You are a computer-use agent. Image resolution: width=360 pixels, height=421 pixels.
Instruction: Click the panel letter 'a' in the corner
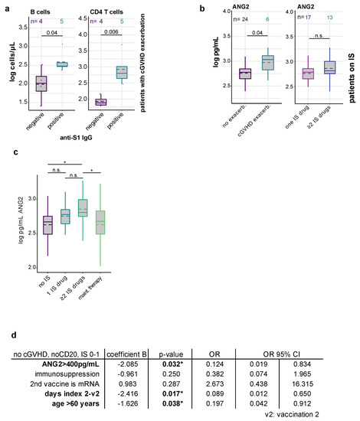(x=5, y=7)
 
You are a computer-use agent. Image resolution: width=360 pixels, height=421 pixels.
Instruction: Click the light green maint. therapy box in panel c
(x=98, y=221)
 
